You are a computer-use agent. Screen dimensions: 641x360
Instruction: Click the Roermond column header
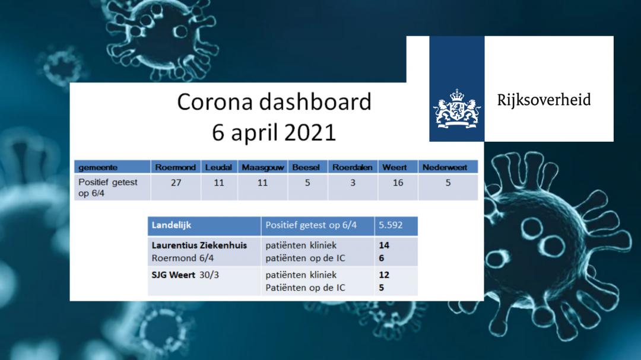pos(175,167)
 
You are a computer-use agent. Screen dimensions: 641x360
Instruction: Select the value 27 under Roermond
pos(176,183)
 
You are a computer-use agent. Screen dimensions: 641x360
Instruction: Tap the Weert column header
pos(395,167)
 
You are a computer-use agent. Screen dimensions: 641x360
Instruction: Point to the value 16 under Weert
pos(398,183)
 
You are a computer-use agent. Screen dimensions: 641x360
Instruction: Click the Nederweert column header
pos(445,167)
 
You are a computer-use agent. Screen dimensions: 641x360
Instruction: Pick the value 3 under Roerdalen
pos(353,183)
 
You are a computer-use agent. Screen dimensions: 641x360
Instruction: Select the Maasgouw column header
pos(263,167)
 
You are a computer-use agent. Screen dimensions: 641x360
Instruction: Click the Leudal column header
pos(218,167)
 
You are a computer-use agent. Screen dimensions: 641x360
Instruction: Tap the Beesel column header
pos(306,167)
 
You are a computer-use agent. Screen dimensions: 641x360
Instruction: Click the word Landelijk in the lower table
pos(172,225)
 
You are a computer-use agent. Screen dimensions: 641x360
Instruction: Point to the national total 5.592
pos(391,225)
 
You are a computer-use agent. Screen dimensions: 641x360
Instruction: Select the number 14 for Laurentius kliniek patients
pos(384,245)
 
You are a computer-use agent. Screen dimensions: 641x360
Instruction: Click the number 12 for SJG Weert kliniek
pos(384,275)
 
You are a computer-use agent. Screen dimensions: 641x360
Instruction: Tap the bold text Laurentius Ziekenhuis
pos(199,245)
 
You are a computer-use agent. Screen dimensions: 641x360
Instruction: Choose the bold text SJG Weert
pos(173,275)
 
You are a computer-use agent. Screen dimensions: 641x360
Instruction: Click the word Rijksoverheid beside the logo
pos(544,100)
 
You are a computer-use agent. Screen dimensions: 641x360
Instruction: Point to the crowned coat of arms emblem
pos(457,109)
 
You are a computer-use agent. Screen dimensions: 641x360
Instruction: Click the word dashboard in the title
pos(315,101)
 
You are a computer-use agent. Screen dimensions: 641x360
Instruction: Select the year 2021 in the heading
pos(310,132)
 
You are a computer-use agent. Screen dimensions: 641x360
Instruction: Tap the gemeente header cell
pos(98,167)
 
